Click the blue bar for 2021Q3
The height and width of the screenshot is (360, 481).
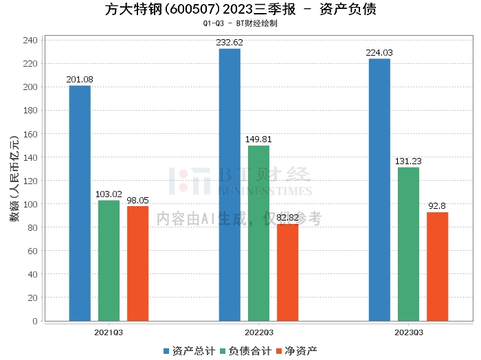(x=80, y=203)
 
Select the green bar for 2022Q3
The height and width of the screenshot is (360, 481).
(x=258, y=233)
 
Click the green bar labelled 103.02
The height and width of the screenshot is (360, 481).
(x=109, y=260)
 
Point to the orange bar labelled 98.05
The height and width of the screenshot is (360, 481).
(x=137, y=263)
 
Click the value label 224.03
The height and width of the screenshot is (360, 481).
(x=379, y=52)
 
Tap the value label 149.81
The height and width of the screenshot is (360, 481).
(x=258, y=139)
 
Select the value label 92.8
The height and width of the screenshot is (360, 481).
(x=437, y=206)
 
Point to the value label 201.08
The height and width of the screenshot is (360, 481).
(x=80, y=80)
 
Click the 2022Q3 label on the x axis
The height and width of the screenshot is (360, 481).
(x=258, y=332)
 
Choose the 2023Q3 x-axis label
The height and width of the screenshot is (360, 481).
(x=408, y=332)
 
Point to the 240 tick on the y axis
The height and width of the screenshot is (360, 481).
(x=30, y=41)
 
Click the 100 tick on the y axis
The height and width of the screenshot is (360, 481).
(x=30, y=204)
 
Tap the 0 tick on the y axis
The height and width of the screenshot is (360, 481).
(x=34, y=321)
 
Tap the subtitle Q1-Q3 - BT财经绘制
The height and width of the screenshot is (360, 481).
(x=240, y=23)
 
